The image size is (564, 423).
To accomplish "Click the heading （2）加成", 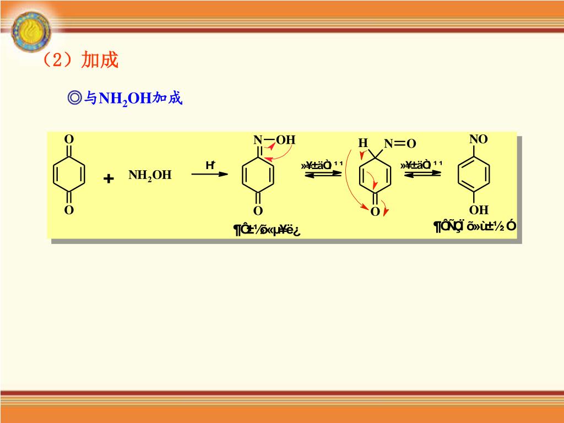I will [x=80, y=60].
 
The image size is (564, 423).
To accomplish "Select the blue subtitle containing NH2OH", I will [x=124, y=99].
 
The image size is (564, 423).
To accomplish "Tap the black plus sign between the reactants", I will [x=109, y=179].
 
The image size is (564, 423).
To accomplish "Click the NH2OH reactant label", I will [x=150, y=176].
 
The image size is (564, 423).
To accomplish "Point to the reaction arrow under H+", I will [x=209, y=174].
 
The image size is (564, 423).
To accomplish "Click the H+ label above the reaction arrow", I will [x=210, y=165].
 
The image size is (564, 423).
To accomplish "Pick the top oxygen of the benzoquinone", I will [x=69, y=139].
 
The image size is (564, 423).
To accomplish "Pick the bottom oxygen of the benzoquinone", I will [x=69, y=210].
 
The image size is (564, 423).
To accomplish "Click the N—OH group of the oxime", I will [x=274, y=140].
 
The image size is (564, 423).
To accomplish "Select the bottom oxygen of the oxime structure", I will [x=258, y=211].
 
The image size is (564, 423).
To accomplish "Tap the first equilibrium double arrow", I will [x=323, y=174].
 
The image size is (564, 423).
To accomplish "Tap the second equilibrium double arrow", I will [x=422, y=174].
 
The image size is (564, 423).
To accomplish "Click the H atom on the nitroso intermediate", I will [x=362, y=143].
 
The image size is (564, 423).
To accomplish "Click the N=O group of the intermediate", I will [x=400, y=144].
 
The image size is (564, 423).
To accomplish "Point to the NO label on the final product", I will [x=478, y=139].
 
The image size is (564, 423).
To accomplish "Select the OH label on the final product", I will [x=478, y=210].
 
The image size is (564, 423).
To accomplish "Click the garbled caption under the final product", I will [x=475, y=226].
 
